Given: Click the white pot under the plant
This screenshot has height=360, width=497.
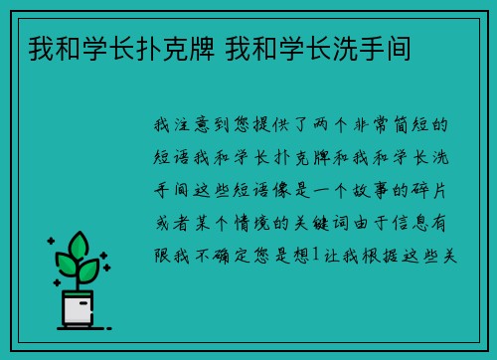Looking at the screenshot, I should click(x=79, y=309).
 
